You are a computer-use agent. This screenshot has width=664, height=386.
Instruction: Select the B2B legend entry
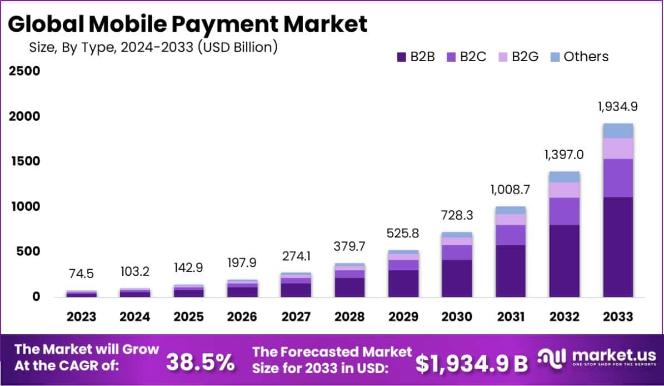416,57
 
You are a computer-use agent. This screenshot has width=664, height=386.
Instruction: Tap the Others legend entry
580,57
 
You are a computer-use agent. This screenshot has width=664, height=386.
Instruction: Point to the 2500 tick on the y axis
24,71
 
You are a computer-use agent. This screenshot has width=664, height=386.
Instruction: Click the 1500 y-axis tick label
24,161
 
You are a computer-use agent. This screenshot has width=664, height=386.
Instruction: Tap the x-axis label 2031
511,316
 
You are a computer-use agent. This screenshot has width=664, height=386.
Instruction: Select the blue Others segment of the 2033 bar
618,131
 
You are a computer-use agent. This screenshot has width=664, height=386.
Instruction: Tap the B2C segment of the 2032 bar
565,211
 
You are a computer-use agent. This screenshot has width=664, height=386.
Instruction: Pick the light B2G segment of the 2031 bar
511,220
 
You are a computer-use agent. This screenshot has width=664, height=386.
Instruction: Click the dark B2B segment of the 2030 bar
457,278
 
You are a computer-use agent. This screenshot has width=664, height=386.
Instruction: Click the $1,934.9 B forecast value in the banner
472,363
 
